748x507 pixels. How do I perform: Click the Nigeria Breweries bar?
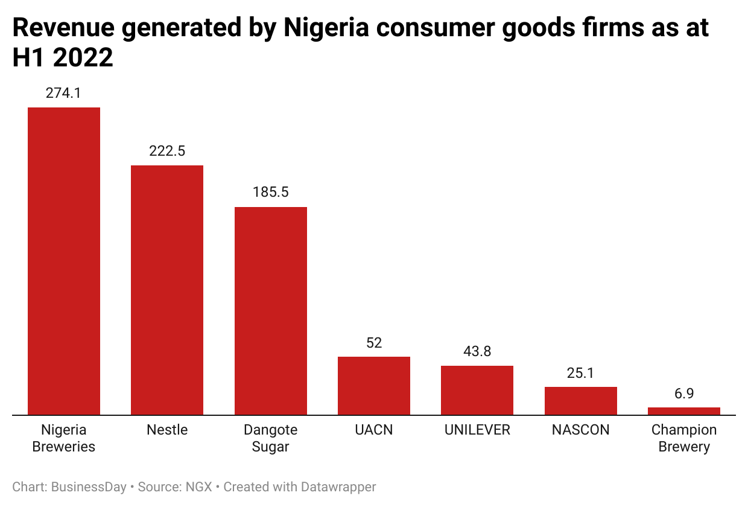click(x=64, y=261)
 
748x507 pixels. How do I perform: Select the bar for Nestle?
click(x=167, y=290)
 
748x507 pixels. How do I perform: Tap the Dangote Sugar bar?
click(x=271, y=311)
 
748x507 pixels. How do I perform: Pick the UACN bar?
click(x=374, y=386)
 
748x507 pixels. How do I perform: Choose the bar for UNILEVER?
click(x=477, y=391)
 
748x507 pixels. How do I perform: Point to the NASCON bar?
click(x=581, y=401)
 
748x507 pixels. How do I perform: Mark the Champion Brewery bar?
click(x=684, y=411)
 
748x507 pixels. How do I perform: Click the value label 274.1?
click(x=63, y=93)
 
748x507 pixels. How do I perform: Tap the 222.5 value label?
click(x=167, y=151)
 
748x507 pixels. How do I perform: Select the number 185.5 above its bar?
click(x=271, y=193)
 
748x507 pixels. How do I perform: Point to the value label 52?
click(x=374, y=343)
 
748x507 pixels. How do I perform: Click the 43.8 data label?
click(x=477, y=351)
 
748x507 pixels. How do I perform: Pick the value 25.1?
click(x=581, y=373)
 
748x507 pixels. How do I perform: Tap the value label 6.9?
click(x=684, y=394)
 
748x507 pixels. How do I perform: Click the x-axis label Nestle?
click(x=167, y=430)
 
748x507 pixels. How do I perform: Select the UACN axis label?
click(x=374, y=430)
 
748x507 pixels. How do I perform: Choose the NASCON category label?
click(x=581, y=430)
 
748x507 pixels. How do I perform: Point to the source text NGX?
click(x=199, y=486)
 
